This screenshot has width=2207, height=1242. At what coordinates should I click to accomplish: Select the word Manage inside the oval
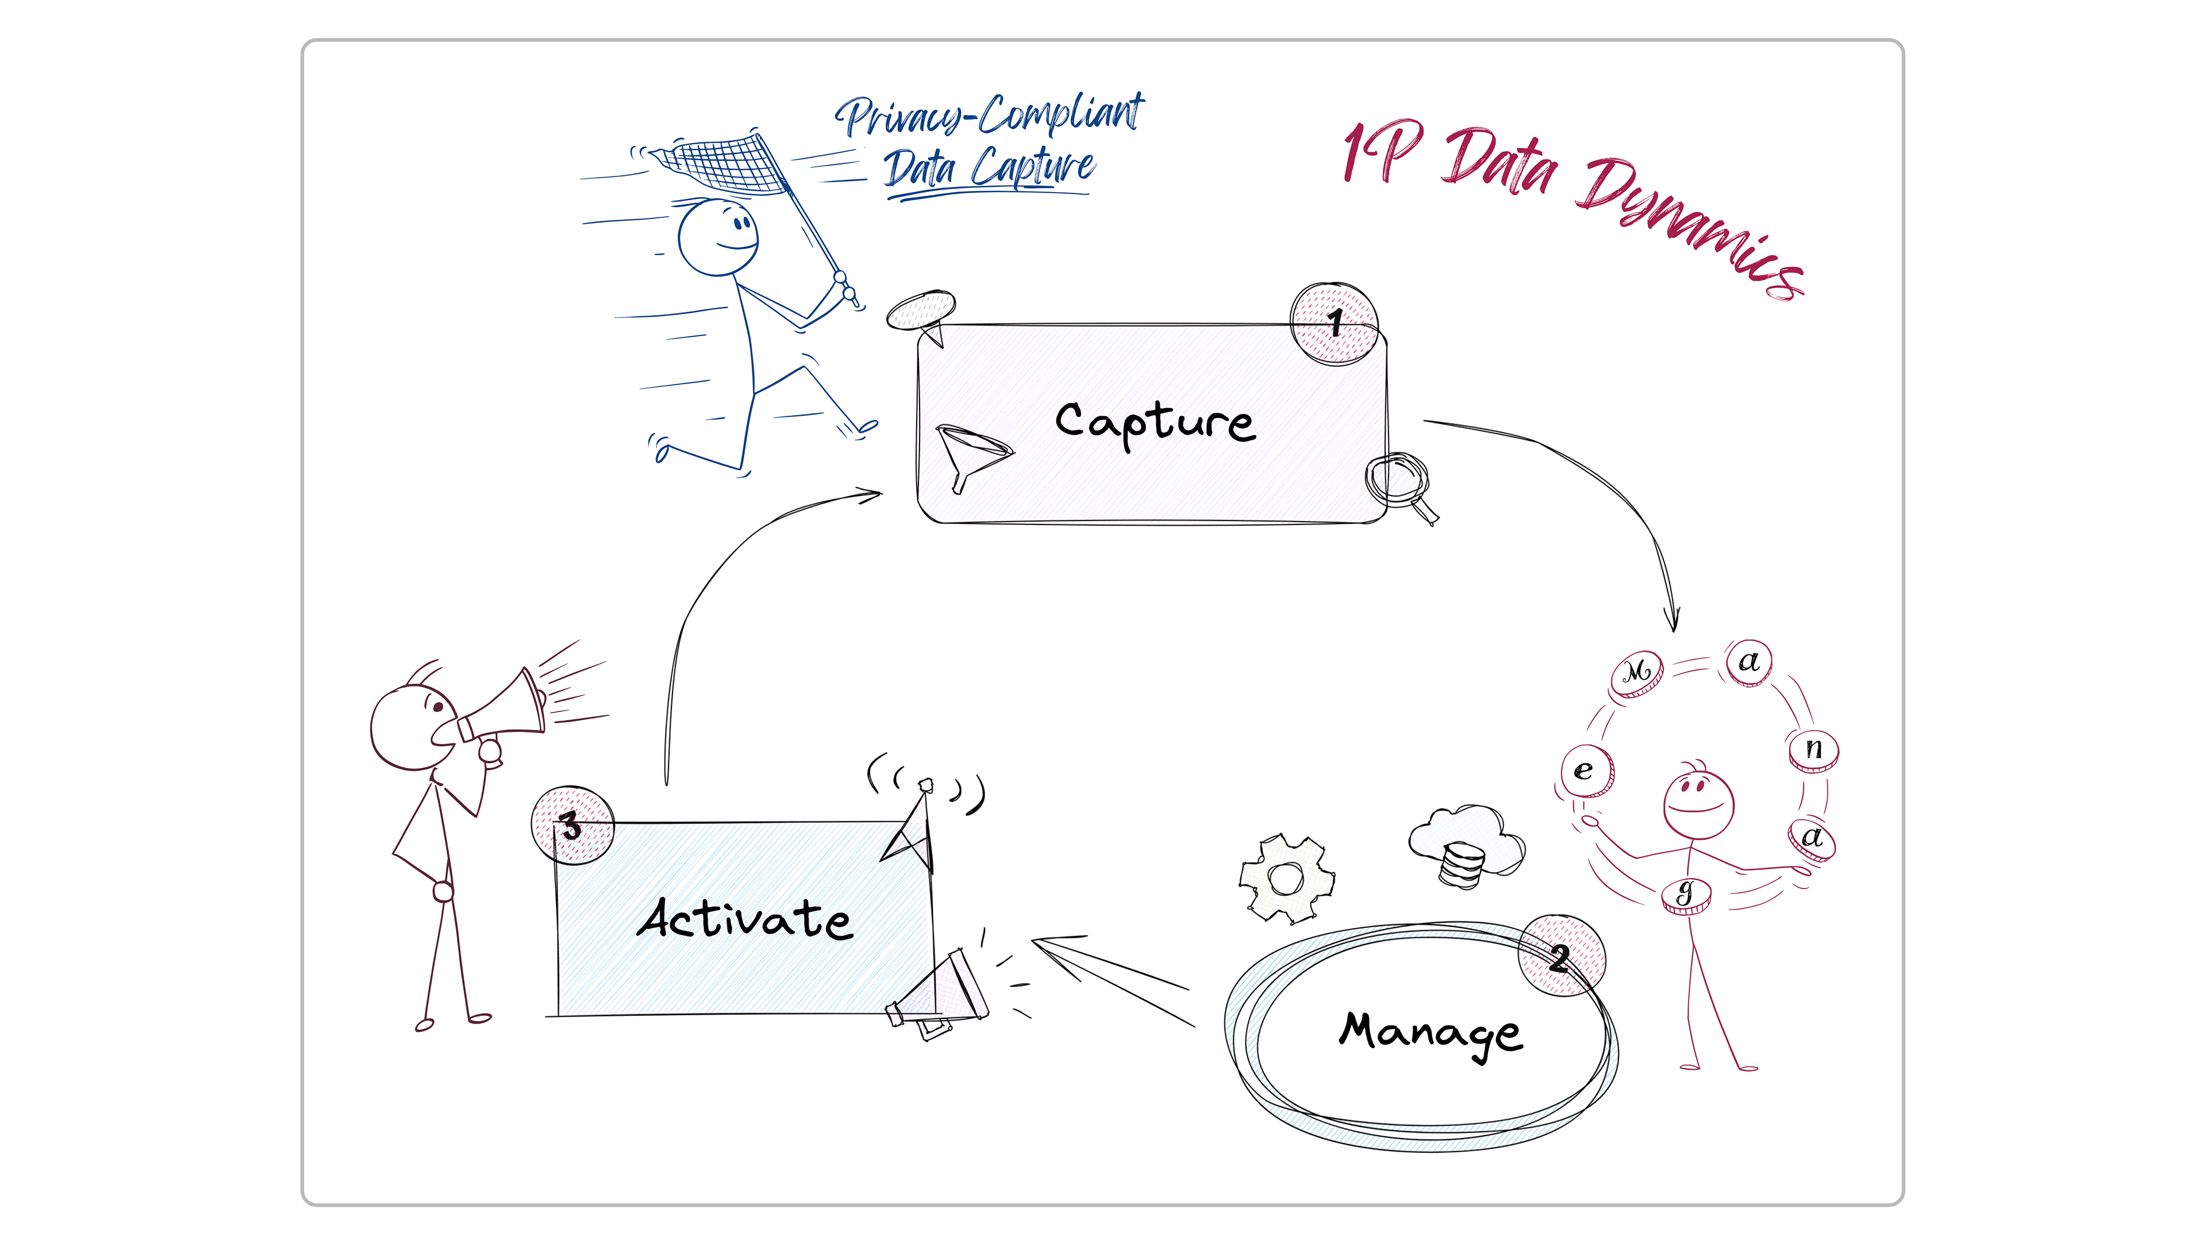point(1430,1032)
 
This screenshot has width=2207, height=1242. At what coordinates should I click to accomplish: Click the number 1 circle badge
point(1334,323)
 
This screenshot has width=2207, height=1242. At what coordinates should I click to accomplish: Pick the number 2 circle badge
point(1561,955)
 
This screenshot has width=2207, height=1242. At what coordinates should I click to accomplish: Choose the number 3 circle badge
point(572,825)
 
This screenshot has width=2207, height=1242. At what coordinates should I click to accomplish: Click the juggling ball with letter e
point(1586,770)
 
